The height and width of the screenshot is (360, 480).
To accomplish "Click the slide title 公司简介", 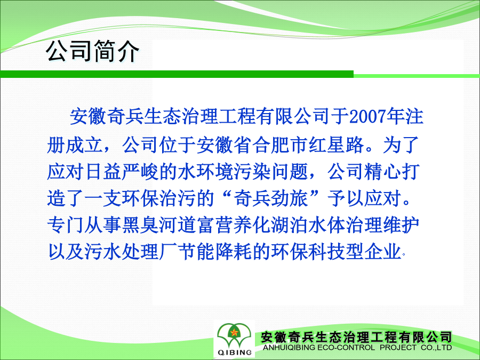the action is tap(92, 51).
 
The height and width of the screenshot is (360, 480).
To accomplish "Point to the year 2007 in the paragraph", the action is tap(367, 117).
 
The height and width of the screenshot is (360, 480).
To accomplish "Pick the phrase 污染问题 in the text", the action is tap(270, 172).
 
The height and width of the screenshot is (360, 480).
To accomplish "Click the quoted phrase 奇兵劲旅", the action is tap(270, 198).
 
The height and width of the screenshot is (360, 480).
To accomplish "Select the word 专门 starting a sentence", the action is tap(65, 225).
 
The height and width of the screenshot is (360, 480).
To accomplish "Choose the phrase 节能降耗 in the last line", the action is tap(214, 252).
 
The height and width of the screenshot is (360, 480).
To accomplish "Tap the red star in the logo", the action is tap(234, 332).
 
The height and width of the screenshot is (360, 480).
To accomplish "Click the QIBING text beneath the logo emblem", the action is tap(235, 353).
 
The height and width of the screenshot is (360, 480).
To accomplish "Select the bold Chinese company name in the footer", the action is tap(357, 338).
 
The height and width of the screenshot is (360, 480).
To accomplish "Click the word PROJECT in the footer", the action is tap(398, 348).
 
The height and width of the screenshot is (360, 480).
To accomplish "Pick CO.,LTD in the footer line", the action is tap(436, 348).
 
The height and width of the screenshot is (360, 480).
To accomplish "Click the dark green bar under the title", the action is tap(177, 74).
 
